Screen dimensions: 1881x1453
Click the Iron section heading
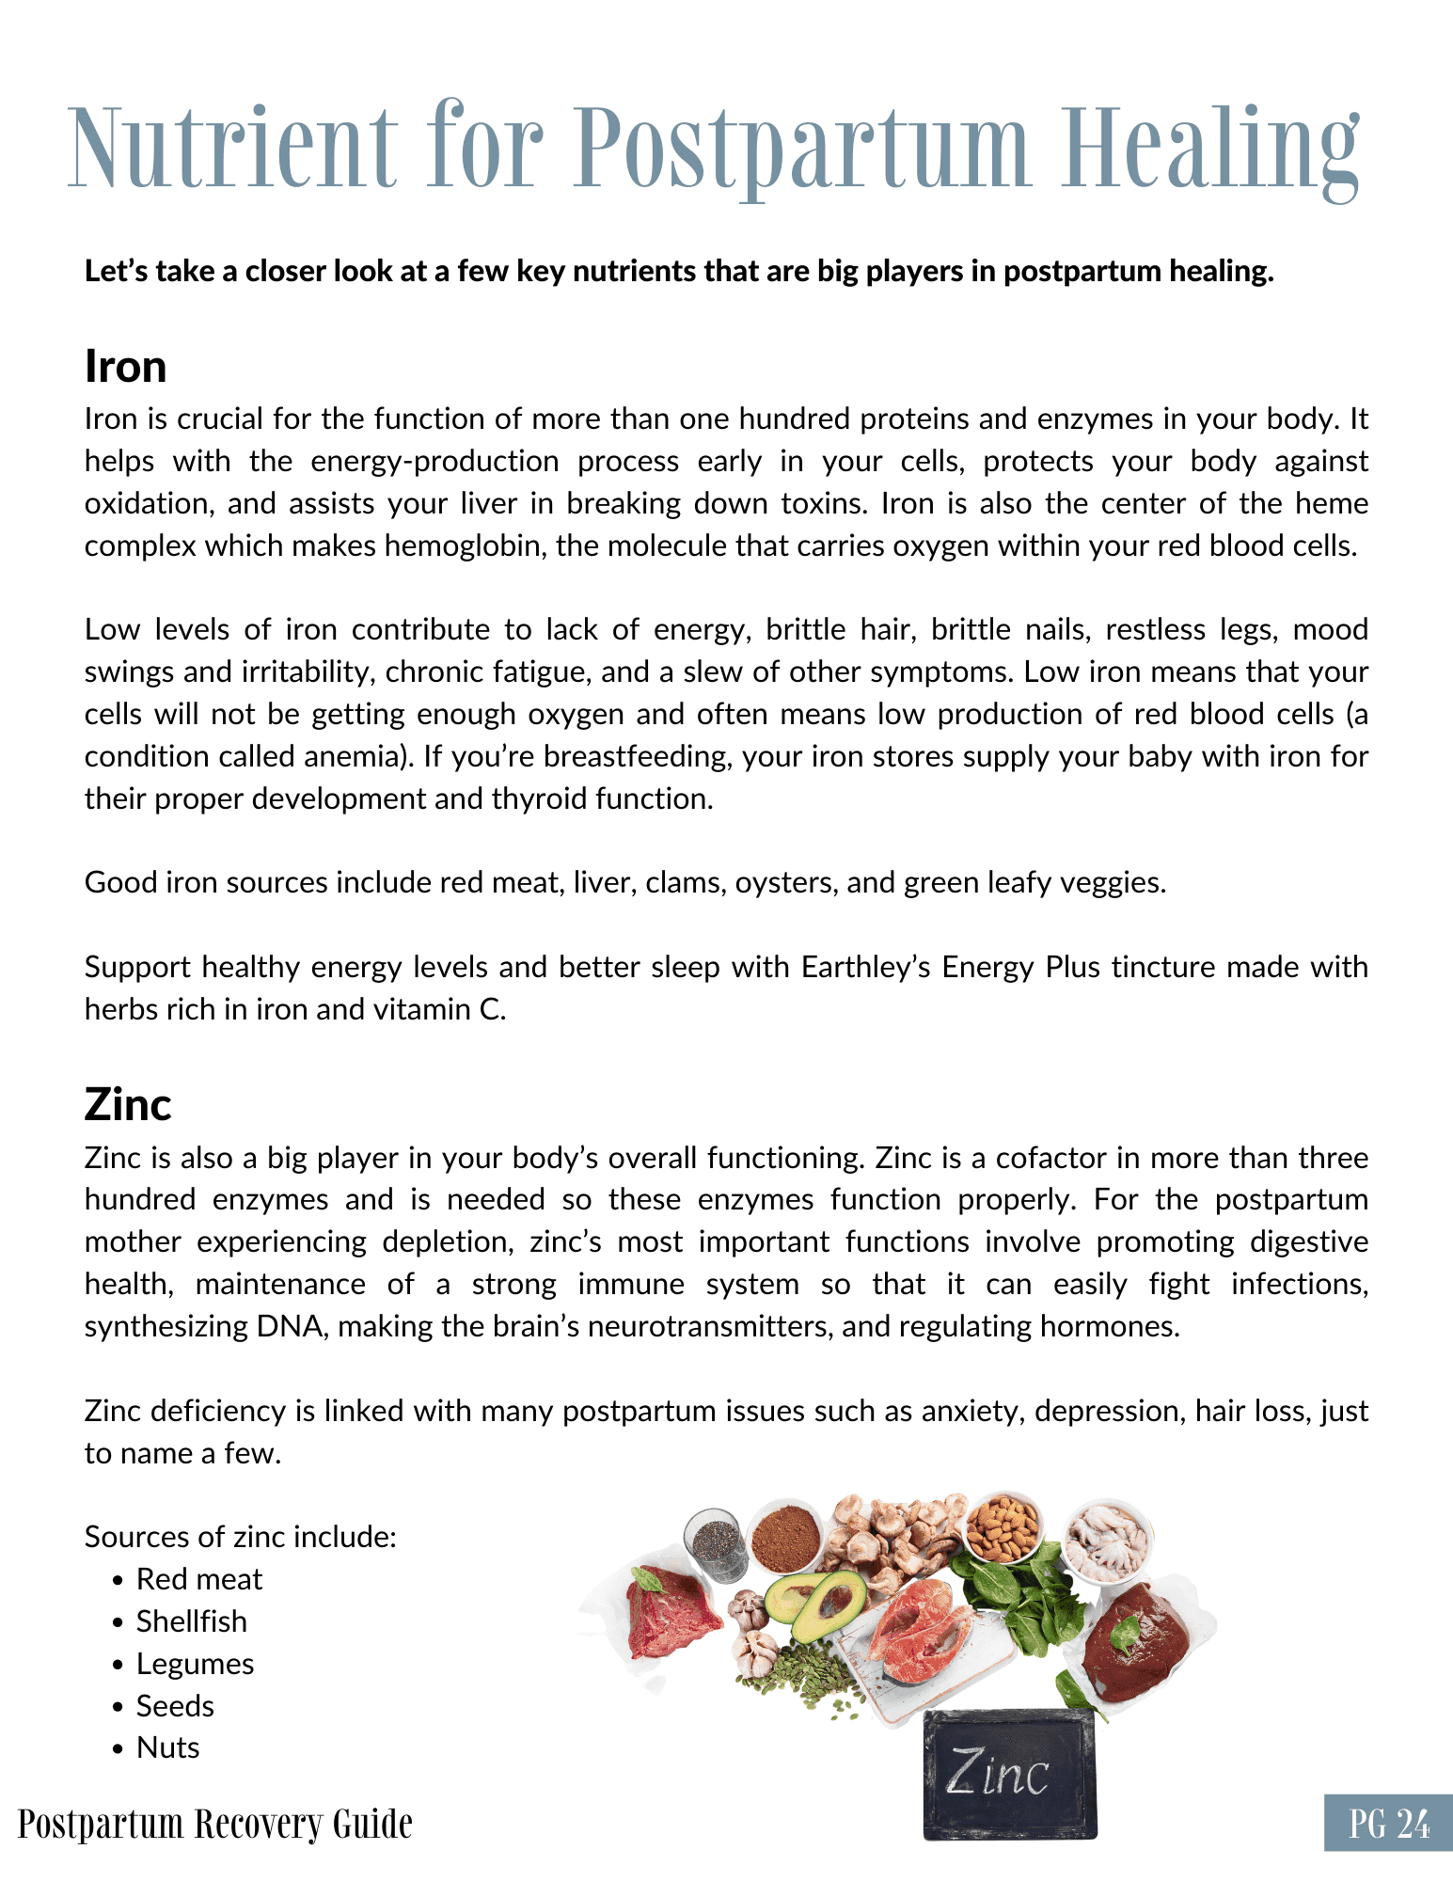125,366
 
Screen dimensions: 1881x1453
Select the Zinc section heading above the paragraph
128,1104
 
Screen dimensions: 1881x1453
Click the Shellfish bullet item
191,1621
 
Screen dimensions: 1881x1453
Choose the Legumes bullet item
195,1664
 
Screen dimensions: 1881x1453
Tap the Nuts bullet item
167,1747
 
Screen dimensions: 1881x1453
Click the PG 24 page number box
1388,1824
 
